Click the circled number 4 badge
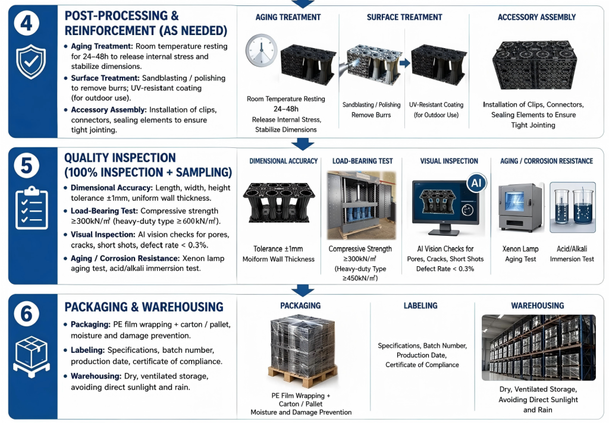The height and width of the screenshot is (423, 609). [x=26, y=23]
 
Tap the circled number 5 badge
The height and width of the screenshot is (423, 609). [x=26, y=166]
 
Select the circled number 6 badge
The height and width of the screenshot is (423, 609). [x=26, y=314]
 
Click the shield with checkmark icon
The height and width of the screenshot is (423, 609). [x=31, y=62]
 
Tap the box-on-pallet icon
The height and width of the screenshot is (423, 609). [x=32, y=357]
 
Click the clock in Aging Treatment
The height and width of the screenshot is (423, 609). [x=262, y=50]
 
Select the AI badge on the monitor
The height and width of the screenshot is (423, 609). [x=476, y=183]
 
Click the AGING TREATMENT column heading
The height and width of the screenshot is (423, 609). [x=288, y=17]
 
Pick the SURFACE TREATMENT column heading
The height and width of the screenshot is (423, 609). [x=404, y=17]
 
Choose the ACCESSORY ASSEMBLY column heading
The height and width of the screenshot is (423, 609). [x=536, y=17]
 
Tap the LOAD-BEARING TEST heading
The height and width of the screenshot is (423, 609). [x=362, y=161]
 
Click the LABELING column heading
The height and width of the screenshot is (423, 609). [x=420, y=306]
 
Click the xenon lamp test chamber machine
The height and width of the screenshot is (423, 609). [x=520, y=208]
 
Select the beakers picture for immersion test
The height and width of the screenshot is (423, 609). [x=573, y=207]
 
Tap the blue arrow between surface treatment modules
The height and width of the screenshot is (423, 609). [x=404, y=63]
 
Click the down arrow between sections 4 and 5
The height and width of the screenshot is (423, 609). [x=303, y=144]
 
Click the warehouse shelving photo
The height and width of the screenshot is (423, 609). [x=538, y=348]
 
